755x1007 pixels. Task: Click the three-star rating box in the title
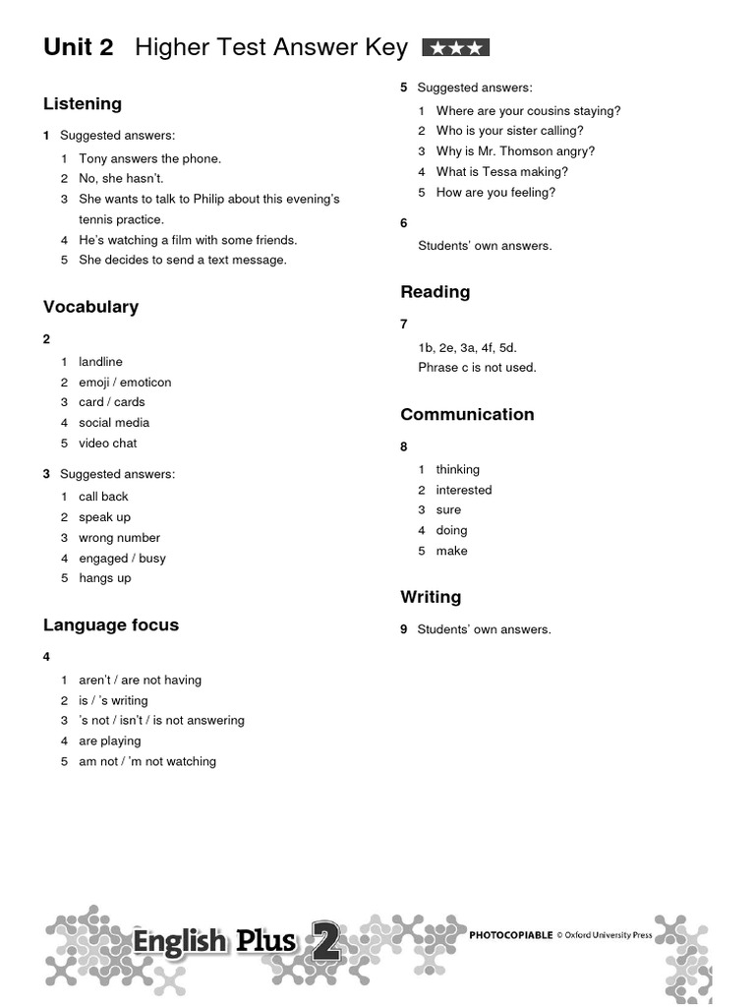(x=455, y=48)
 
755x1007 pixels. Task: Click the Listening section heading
(x=83, y=104)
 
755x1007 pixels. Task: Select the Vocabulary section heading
(x=90, y=307)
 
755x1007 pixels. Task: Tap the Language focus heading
(x=111, y=625)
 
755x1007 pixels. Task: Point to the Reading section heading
(x=435, y=292)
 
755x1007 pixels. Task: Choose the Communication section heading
(x=467, y=415)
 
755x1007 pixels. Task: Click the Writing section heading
(x=431, y=597)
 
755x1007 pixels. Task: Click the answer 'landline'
(x=100, y=362)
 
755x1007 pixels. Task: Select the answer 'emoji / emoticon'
(x=125, y=383)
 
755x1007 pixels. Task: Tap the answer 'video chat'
(x=108, y=444)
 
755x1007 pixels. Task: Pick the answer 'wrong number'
(x=119, y=538)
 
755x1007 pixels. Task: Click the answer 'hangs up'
(x=104, y=578)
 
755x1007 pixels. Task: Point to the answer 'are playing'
(x=109, y=741)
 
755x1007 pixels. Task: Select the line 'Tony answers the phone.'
(x=149, y=158)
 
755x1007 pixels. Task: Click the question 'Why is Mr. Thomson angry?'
(x=515, y=151)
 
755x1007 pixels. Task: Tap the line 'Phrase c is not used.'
(x=477, y=368)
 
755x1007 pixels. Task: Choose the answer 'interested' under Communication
(x=464, y=490)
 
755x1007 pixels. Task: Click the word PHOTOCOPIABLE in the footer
(x=510, y=935)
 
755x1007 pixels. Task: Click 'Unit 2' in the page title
(x=79, y=47)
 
